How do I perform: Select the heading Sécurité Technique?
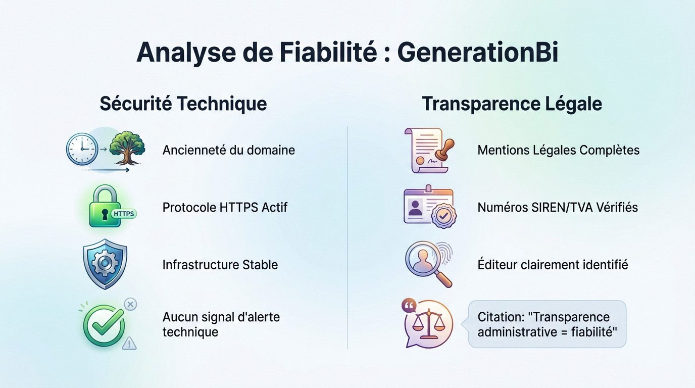click(x=183, y=104)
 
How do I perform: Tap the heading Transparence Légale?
click(x=512, y=104)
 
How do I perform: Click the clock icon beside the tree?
click(x=82, y=149)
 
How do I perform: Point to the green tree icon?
click(x=127, y=147)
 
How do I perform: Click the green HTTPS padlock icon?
click(x=105, y=207)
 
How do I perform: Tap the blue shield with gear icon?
click(x=105, y=264)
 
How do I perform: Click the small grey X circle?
click(x=130, y=304)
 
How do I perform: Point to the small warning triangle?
click(x=130, y=344)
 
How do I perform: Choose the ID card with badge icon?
click(x=428, y=207)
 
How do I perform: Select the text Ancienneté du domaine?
click(x=228, y=150)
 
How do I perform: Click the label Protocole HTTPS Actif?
click(x=225, y=207)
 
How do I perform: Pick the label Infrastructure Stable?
click(x=220, y=265)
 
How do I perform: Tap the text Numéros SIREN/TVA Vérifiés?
click(x=558, y=207)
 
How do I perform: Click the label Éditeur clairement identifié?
click(x=553, y=265)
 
